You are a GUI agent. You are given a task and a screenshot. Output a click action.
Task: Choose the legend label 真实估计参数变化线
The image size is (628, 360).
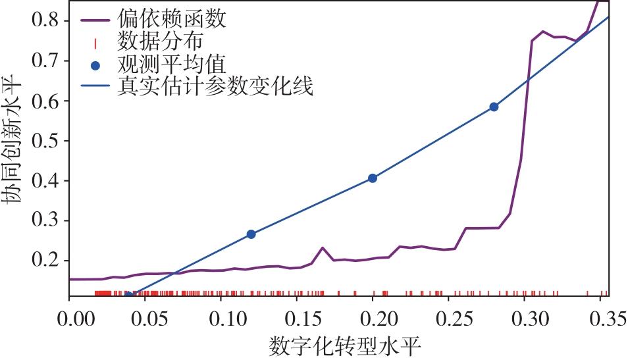click(214, 87)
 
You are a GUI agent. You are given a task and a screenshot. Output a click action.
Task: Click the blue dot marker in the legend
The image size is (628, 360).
click(96, 64)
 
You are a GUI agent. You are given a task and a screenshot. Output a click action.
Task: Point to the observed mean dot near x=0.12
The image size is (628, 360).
click(251, 234)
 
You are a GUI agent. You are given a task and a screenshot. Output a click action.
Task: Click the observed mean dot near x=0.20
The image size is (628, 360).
click(373, 178)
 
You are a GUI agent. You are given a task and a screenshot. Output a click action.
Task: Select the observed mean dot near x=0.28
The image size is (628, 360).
click(494, 107)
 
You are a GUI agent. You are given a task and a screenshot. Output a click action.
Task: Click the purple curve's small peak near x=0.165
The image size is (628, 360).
click(323, 247)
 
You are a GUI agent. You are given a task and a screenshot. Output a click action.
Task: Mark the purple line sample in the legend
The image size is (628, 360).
click(96, 20)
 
